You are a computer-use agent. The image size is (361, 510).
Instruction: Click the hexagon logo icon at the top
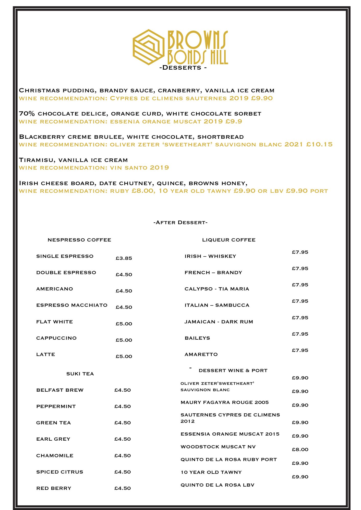149,47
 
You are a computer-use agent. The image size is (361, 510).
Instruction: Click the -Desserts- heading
183,68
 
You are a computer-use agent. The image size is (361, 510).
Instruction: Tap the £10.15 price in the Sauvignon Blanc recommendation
319,145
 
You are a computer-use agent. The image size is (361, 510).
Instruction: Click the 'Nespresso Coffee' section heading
79,240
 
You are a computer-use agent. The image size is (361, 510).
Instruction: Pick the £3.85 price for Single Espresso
124,258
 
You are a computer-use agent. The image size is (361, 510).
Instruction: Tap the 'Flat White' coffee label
55,322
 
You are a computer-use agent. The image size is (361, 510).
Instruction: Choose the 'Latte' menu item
46,354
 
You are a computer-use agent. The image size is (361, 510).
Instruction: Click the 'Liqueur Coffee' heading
229,240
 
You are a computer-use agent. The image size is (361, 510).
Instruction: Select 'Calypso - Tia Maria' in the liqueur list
217,289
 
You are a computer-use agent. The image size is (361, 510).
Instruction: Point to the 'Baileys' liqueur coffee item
197,338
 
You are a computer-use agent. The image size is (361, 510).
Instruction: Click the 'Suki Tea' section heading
80,374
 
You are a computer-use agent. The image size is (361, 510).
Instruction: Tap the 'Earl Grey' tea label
53,439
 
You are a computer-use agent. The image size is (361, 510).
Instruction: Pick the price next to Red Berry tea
123,488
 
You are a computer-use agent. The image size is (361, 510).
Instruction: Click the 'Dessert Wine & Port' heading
233,371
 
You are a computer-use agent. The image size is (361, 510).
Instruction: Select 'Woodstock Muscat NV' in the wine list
218,447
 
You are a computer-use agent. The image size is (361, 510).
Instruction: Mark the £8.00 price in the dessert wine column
300,450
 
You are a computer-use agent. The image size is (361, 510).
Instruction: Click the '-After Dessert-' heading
180,223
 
